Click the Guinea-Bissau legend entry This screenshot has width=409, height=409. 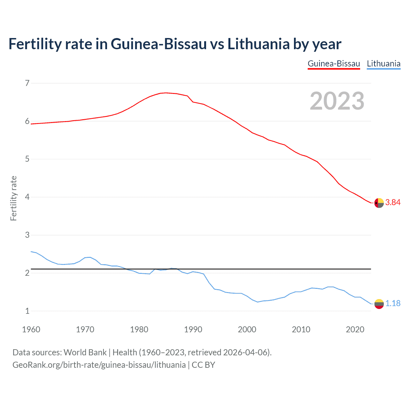[x=334, y=64]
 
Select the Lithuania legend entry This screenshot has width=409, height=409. [x=383, y=64]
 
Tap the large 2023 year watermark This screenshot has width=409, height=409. [x=337, y=101]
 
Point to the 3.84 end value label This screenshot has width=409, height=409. [x=393, y=203]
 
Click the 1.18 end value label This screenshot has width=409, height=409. [x=393, y=304]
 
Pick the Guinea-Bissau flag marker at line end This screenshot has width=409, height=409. [x=379, y=203]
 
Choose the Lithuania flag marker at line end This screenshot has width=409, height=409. [x=379, y=304]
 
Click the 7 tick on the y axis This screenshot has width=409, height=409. [x=27, y=83]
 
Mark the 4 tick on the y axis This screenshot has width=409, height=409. [x=27, y=197]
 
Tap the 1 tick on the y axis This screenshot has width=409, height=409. [x=27, y=311]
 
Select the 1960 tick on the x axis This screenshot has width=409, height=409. [x=31, y=329]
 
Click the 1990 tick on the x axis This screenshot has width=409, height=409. [x=193, y=329]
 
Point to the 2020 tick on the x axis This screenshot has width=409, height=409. [x=355, y=329]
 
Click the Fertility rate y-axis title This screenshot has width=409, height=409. [x=13, y=198]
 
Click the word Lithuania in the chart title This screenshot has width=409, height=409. [x=258, y=44]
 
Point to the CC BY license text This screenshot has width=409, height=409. [x=203, y=365]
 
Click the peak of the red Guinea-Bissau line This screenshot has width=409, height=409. [x=166, y=93]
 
